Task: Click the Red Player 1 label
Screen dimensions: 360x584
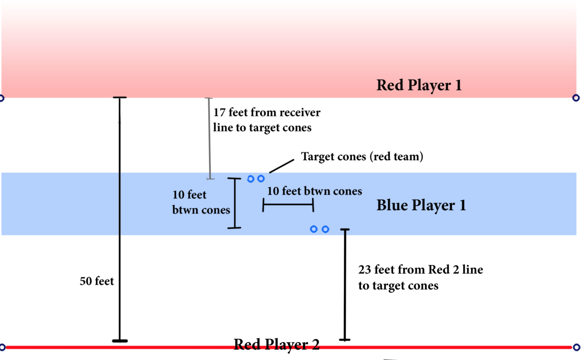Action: (x=419, y=85)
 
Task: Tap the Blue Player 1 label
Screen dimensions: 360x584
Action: (x=421, y=205)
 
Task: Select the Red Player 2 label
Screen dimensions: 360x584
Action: (x=276, y=344)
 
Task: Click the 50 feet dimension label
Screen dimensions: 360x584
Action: (x=97, y=281)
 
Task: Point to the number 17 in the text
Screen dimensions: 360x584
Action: (x=219, y=112)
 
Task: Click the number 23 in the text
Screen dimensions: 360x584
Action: (x=364, y=270)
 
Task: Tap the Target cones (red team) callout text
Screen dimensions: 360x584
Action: (x=362, y=157)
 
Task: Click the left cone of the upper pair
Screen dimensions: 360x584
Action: (x=251, y=179)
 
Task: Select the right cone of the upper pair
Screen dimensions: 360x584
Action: (x=261, y=179)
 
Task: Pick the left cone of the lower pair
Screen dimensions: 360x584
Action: (x=314, y=229)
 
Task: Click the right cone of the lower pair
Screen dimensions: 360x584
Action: (x=326, y=229)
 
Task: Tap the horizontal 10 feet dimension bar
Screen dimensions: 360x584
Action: (x=288, y=205)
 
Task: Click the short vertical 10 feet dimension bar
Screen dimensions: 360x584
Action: (x=234, y=203)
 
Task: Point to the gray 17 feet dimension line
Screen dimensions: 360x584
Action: (x=210, y=139)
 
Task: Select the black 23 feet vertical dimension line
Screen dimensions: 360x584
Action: (x=345, y=285)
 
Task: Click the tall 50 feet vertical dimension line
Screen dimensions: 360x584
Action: (x=120, y=219)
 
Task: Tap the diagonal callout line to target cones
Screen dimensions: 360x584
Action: (x=281, y=166)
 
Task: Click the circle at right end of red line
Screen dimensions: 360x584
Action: (x=576, y=347)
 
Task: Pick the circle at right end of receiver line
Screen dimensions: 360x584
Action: (x=576, y=98)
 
